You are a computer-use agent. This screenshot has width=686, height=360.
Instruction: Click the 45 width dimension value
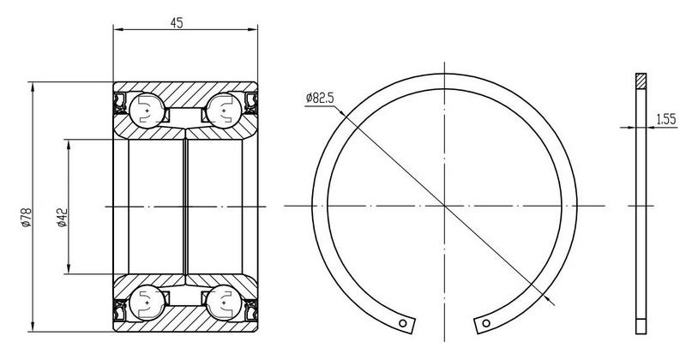(177, 23)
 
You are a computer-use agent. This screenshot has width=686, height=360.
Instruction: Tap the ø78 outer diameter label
(26, 218)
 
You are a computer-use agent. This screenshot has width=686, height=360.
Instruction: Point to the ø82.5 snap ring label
(320, 98)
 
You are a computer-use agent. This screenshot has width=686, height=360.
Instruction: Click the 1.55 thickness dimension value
(666, 119)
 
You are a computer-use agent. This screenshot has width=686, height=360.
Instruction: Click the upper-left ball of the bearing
(147, 111)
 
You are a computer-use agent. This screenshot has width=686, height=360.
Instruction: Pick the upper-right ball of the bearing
(224, 111)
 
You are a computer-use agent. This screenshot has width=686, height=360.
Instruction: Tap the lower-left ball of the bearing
(147, 303)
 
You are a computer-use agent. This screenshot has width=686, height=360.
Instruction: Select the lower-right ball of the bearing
(224, 303)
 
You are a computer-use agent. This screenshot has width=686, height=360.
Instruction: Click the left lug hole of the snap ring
(403, 323)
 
